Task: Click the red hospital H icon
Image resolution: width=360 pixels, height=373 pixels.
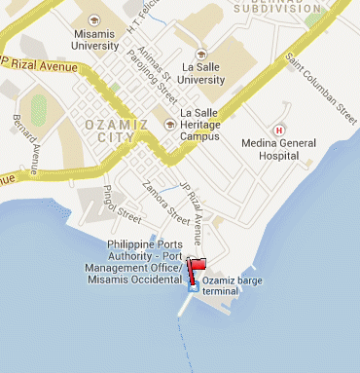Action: point(280,130)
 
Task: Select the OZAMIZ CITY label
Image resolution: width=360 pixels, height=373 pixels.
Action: point(119,131)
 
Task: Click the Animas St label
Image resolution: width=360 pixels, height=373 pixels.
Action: point(153,60)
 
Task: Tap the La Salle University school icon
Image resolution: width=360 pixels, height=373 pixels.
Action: point(200,55)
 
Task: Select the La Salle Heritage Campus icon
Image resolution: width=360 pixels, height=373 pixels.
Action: point(169,123)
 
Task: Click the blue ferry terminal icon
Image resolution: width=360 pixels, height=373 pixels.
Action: point(193,284)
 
